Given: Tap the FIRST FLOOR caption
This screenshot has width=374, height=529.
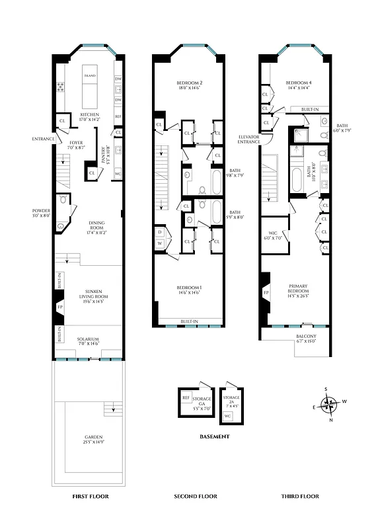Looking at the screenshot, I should [90, 496].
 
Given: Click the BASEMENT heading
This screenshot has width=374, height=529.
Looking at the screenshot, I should [214, 437].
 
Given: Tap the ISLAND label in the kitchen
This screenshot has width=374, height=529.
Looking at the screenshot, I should [90, 76].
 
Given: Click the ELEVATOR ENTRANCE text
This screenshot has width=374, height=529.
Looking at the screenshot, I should [248, 139].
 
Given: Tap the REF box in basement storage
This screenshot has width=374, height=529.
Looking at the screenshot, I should [186, 398].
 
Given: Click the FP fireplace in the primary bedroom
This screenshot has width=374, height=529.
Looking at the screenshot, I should [266, 292].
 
